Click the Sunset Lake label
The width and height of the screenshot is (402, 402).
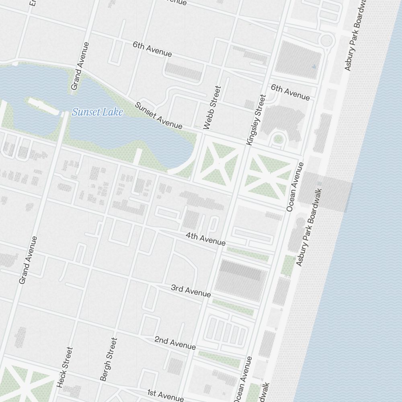pyautogui.click(x=97, y=112)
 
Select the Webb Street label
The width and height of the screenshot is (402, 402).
pyautogui.click(x=213, y=107)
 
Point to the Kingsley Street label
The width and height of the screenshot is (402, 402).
pyautogui.click(x=256, y=119)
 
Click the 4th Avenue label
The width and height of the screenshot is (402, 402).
pyautogui.click(x=205, y=239)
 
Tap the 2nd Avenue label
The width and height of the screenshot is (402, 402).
pyautogui.click(x=175, y=343)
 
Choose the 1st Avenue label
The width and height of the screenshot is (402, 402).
pyautogui.click(x=165, y=395)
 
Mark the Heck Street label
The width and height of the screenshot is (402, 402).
pyautogui.click(x=65, y=367)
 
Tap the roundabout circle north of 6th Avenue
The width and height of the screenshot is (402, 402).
pyautogui.click(x=327, y=40)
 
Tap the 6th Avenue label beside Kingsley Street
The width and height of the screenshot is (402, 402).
pyautogui.click(x=290, y=92)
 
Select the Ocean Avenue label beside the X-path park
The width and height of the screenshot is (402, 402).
pyautogui.click(x=295, y=187)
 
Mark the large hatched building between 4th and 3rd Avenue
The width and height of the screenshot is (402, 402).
pyautogui.click(x=240, y=280)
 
